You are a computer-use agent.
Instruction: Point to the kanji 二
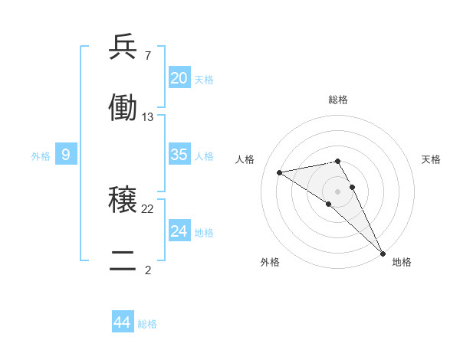point(123,260)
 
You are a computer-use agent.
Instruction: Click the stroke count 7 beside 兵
point(147,56)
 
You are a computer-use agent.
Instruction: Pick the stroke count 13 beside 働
point(148,116)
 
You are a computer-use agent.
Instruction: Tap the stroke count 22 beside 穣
point(148,209)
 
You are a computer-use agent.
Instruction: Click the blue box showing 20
point(179,77)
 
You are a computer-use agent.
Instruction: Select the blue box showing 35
point(179,155)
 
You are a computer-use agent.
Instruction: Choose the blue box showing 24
point(179,231)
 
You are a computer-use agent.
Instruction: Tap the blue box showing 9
point(66,155)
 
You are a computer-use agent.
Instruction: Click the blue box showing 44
point(122,322)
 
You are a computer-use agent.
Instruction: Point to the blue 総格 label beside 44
point(148,324)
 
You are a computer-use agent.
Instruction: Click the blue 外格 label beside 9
point(41,156)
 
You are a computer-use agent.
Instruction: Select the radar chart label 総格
point(338,100)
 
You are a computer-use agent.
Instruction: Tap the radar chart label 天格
point(432,159)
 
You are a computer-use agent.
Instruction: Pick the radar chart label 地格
point(402,262)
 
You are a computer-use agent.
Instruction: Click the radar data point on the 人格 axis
point(280,172)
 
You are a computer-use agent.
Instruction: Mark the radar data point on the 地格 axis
point(383,254)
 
